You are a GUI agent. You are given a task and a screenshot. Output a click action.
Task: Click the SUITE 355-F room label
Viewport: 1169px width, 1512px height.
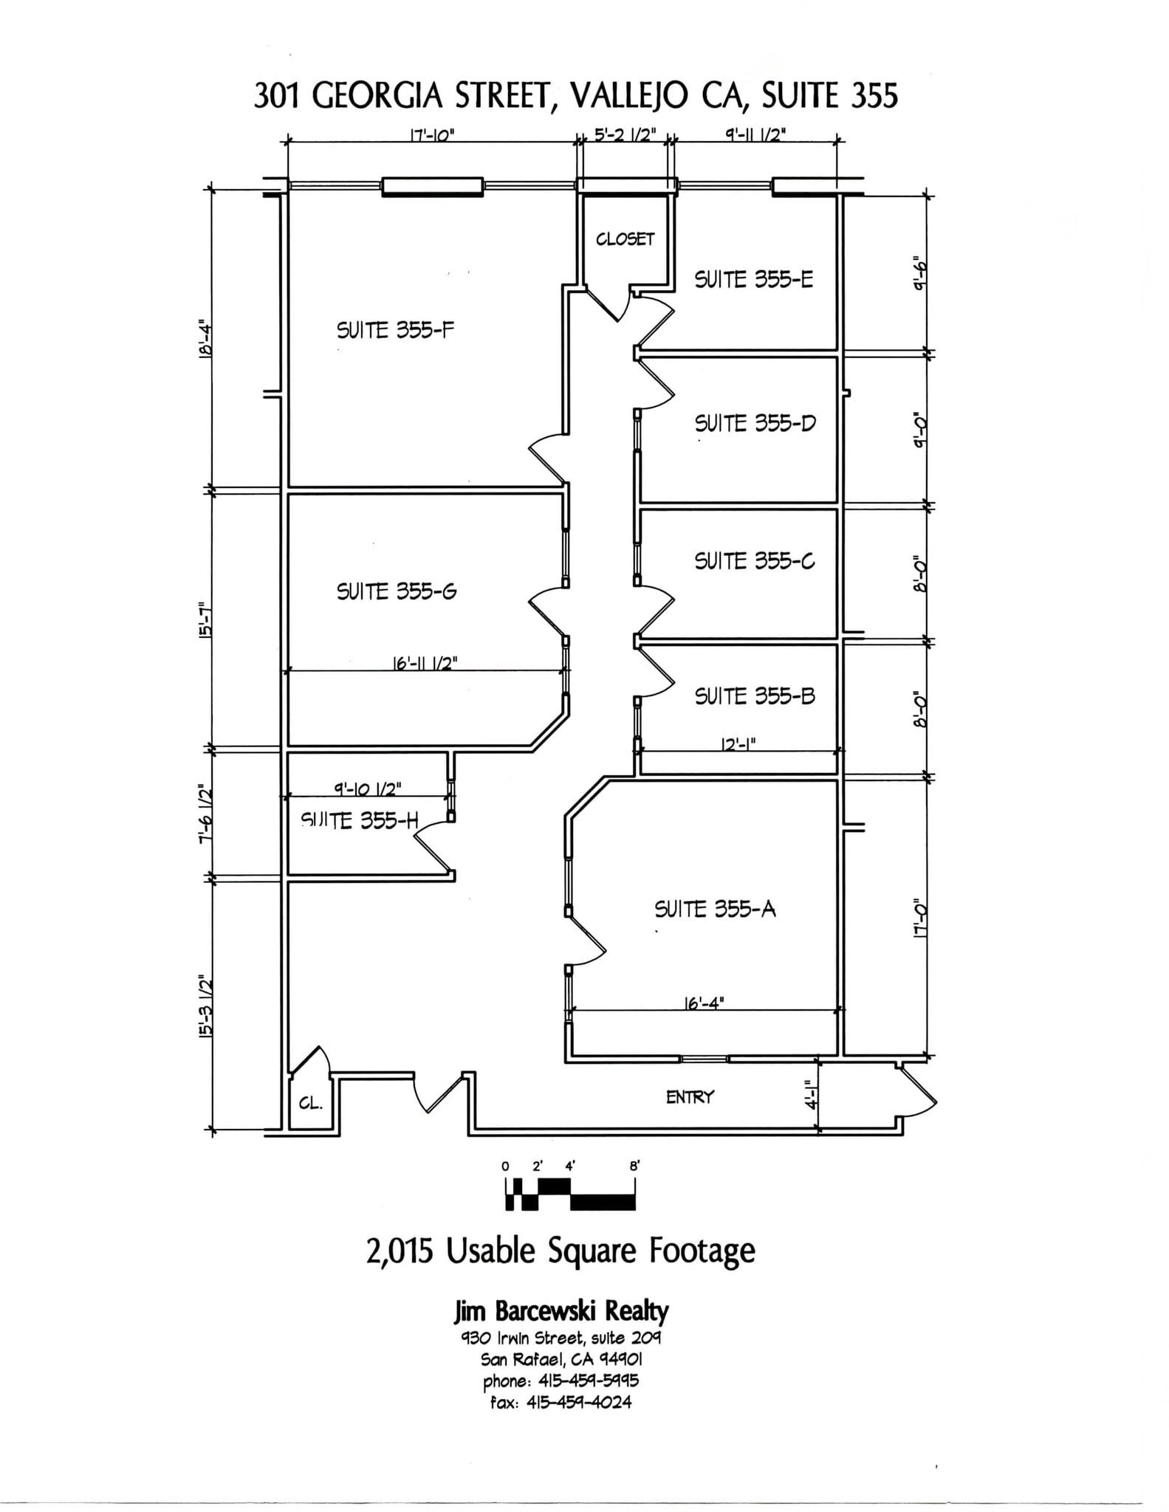(x=395, y=330)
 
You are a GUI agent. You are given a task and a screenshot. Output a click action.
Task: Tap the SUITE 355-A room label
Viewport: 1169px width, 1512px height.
(x=715, y=909)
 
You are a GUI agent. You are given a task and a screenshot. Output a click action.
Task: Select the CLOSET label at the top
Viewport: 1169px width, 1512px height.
(x=625, y=238)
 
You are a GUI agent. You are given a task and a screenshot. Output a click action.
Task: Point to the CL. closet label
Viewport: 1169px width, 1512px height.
(x=311, y=1104)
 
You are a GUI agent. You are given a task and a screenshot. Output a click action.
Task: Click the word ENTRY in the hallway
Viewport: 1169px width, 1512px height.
(x=690, y=1097)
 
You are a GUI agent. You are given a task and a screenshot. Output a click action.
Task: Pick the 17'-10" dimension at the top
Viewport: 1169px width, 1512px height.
(x=432, y=136)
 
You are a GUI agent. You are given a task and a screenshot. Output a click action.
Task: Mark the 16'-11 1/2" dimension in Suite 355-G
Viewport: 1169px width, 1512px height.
(x=425, y=663)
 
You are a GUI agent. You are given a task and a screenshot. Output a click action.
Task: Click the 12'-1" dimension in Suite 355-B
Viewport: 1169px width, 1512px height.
(x=738, y=745)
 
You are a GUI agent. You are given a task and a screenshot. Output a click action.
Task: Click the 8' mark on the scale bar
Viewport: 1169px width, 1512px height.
(x=634, y=1166)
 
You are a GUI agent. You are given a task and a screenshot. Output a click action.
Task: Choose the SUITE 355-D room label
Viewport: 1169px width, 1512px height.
(x=755, y=424)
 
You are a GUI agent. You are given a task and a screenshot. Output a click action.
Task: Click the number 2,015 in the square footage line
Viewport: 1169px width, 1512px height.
(x=399, y=1251)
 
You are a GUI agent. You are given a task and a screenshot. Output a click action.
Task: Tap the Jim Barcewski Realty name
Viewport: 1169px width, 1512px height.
(x=560, y=1312)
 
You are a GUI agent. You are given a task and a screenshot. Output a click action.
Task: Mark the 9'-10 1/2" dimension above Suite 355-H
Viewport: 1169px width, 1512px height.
(x=367, y=788)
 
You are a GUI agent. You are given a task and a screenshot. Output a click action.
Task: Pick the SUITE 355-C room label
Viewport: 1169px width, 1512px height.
(x=754, y=561)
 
